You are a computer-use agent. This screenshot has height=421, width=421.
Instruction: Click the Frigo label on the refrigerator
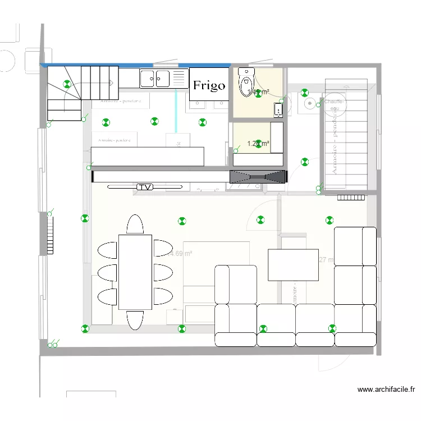click(209, 85)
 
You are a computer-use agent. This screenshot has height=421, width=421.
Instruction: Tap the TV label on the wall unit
click(145, 186)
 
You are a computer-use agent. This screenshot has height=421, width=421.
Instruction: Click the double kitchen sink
click(155, 78)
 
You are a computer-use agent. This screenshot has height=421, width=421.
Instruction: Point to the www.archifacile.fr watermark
click(386, 390)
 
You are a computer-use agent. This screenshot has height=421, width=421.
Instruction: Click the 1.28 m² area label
click(258, 144)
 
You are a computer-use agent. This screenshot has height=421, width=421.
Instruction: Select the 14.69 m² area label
click(181, 254)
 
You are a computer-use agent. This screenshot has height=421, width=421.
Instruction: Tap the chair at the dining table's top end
click(135, 224)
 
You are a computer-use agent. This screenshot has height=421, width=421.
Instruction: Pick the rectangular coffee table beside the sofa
click(293, 264)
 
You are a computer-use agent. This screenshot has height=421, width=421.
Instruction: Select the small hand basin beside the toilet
click(278, 109)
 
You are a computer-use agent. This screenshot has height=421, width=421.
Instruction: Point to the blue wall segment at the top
click(135, 65)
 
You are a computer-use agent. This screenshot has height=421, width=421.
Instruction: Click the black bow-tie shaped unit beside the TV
click(258, 176)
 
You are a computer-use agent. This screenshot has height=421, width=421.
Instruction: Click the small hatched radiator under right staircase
click(351, 198)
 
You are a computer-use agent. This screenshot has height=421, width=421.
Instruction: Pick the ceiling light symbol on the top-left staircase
click(68, 85)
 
